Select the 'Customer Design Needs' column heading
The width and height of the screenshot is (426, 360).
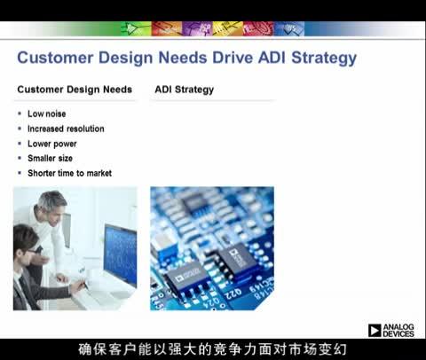(x=75, y=90)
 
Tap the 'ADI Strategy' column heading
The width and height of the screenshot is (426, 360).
(x=184, y=90)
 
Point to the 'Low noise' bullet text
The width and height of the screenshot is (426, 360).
(x=46, y=113)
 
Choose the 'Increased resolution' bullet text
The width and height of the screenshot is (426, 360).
(x=66, y=129)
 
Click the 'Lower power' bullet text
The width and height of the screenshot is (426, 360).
(x=51, y=144)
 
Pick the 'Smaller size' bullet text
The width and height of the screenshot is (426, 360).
(x=52, y=158)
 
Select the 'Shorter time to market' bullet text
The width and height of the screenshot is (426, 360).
(x=69, y=173)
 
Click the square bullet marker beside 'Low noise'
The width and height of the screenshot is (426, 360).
(x=20, y=114)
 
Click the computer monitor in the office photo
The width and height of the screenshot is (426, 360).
(x=120, y=253)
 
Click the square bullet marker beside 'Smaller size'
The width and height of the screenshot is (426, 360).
(x=20, y=159)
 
